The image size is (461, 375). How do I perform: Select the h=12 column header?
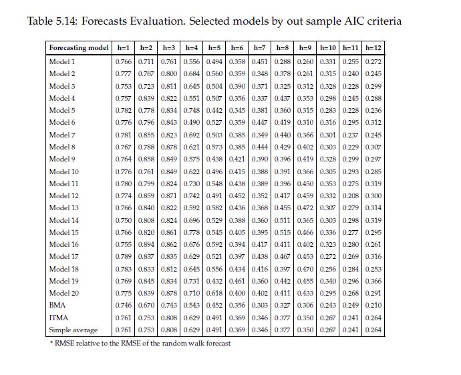tap(373, 48)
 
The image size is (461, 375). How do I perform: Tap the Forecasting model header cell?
tap(79, 48)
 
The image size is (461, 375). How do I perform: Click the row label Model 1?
tap(62, 61)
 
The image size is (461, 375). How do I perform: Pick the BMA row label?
tap(57, 306)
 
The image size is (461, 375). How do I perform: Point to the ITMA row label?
tap(59, 318)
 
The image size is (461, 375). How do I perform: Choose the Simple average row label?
tap(73, 330)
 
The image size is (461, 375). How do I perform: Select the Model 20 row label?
tap(64, 294)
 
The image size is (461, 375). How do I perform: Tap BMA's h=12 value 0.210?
tap(373, 306)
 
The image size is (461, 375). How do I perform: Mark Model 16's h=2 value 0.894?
tap(146, 245)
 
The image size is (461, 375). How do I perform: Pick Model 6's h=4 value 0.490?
tap(192, 123)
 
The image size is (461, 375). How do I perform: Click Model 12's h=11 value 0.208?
tap(351, 196)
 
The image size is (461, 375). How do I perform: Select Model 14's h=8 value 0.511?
tap(283, 220)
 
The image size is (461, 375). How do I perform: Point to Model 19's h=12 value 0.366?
tap(373, 281)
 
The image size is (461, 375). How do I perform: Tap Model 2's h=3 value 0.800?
tap(169, 73)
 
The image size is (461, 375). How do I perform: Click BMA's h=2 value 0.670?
tap(146, 306)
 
